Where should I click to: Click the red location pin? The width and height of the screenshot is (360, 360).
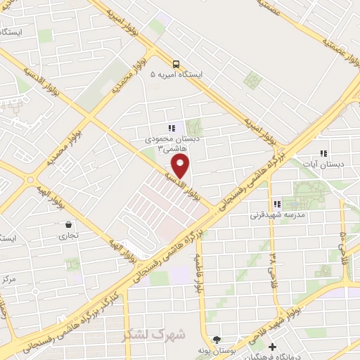tap(181, 166)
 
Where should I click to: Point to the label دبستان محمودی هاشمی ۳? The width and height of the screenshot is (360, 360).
tap(167, 144)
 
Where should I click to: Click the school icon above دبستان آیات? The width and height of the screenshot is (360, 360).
tap(323, 153)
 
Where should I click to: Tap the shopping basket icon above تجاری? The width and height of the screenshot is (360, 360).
tap(68, 224)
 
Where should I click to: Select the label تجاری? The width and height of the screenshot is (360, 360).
tap(68, 236)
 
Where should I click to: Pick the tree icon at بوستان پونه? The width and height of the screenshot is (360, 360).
tap(217, 339)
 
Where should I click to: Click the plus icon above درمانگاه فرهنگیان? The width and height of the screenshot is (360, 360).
tap(272, 347)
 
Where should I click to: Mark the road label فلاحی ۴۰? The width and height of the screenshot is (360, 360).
tap(344, 243)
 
